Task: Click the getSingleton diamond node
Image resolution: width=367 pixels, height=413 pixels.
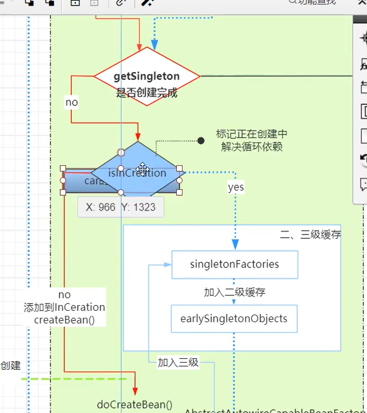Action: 147,76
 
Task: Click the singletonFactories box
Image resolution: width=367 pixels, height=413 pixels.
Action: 234,265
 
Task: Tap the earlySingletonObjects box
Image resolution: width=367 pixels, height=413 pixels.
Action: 234,319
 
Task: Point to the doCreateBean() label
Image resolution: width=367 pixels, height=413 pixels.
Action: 135,405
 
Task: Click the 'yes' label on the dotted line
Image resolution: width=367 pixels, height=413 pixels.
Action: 236,187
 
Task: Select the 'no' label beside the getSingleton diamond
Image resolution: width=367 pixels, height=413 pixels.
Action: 72,102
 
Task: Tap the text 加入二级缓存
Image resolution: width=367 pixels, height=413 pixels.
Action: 235,293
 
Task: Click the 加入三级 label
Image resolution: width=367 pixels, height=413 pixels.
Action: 178,363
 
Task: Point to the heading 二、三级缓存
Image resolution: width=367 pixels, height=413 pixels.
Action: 310,235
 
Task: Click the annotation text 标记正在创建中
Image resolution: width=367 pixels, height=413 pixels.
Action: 252,134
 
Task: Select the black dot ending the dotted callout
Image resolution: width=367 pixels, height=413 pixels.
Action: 201,141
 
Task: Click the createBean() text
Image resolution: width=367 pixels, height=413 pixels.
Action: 64,320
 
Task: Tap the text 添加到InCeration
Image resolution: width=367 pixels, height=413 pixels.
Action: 64,307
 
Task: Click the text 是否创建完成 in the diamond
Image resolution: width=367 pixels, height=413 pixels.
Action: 147,93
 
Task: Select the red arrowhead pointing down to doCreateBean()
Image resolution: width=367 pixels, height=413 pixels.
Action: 134,392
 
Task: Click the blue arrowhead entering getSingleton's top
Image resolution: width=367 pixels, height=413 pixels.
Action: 154,45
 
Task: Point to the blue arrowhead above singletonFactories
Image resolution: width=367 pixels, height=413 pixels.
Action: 235,245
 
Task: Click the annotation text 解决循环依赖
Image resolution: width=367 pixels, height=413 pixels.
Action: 252,147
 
